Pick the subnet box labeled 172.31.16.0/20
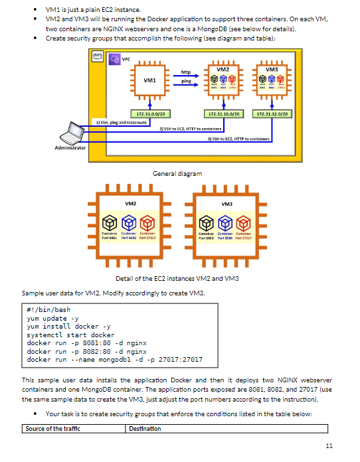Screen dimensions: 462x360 tap(224, 114)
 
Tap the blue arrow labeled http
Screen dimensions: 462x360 tap(187, 74)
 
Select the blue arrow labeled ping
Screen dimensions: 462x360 tap(187, 85)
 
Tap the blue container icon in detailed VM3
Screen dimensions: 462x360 tap(225, 222)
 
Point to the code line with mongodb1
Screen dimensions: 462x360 tap(114, 360)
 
